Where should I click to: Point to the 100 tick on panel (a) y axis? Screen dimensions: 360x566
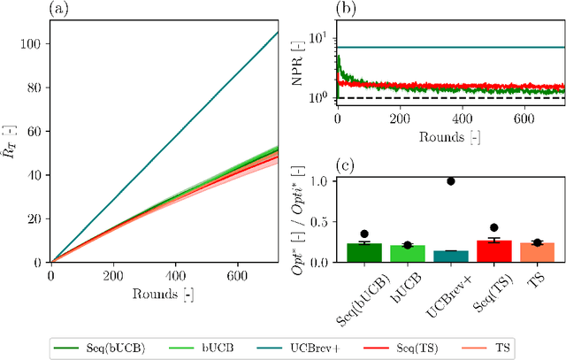click(x=33, y=42)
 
